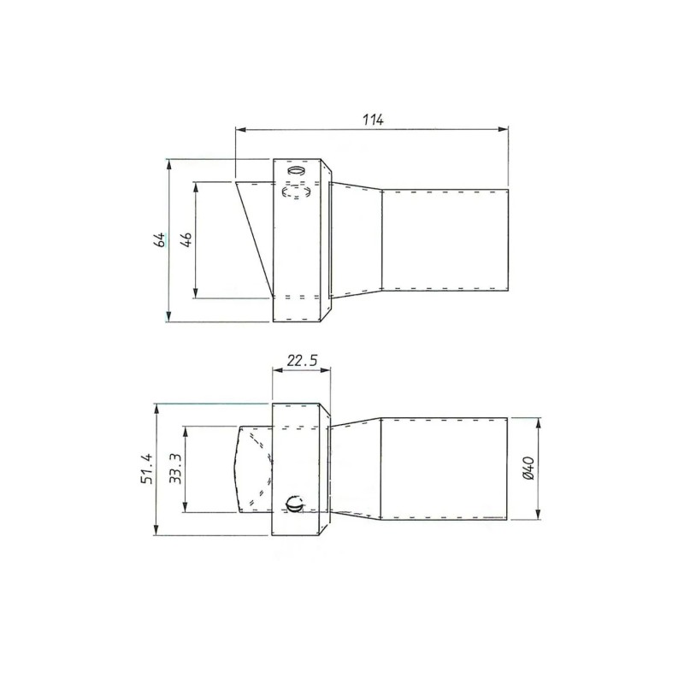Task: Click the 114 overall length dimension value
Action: (373, 119)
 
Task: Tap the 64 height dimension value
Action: (161, 240)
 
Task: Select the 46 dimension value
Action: (186, 240)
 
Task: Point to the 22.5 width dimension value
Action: (303, 360)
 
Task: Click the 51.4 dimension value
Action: (146, 469)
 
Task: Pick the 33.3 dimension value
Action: (175, 469)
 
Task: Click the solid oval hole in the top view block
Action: (297, 169)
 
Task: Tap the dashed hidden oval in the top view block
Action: (297, 191)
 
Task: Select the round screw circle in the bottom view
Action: (293, 504)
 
